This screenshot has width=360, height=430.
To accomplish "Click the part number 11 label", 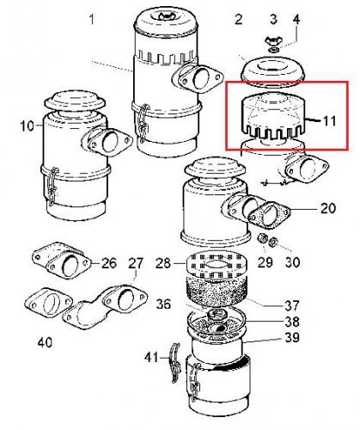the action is point(329,121).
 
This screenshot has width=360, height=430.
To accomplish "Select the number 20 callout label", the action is point(327,208).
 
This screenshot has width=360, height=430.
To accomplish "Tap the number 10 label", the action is point(27,126).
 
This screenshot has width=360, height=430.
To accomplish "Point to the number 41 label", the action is point(151,358).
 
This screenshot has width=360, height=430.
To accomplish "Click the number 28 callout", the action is point(163,263).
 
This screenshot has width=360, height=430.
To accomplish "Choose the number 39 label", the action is point(292,337).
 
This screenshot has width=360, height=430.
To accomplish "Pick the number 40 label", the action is point(45,342).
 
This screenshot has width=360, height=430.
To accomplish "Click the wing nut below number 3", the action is point(272,41).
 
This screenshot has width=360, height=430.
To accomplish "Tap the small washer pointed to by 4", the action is point(274,50).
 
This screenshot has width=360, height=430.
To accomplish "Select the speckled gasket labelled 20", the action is point(269,215).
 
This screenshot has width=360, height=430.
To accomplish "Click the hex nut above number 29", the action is point(262,238).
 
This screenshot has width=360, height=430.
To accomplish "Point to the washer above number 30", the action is point(273,243).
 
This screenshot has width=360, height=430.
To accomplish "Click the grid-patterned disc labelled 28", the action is point(217,266).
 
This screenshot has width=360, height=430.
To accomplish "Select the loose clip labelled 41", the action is point(175,363).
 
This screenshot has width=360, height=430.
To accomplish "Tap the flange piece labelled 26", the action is point(62,260).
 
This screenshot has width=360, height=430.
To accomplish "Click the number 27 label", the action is point(135,263).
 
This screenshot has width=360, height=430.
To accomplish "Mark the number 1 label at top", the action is point(92,20).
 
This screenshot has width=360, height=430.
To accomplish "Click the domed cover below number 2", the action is point(272,71).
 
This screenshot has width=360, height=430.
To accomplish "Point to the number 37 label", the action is point(292,305).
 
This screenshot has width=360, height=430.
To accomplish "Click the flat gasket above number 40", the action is point(48,303).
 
